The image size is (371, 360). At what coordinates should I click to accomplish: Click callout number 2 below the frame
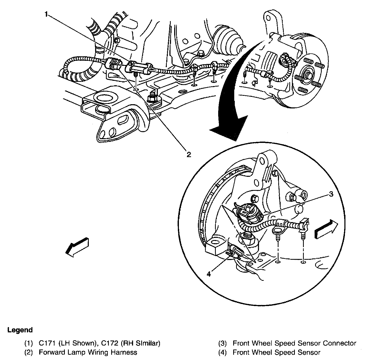[x=188, y=154]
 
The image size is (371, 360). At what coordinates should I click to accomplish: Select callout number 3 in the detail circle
[x=331, y=194]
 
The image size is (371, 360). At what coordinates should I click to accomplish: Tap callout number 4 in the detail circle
[x=209, y=274]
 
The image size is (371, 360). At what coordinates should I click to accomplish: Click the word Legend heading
[x=20, y=330]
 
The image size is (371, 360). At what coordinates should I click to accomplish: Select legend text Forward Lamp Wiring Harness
[x=88, y=352]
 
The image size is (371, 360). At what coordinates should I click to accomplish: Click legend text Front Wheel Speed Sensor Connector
[x=294, y=343]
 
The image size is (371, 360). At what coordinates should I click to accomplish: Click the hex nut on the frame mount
[x=153, y=98]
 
